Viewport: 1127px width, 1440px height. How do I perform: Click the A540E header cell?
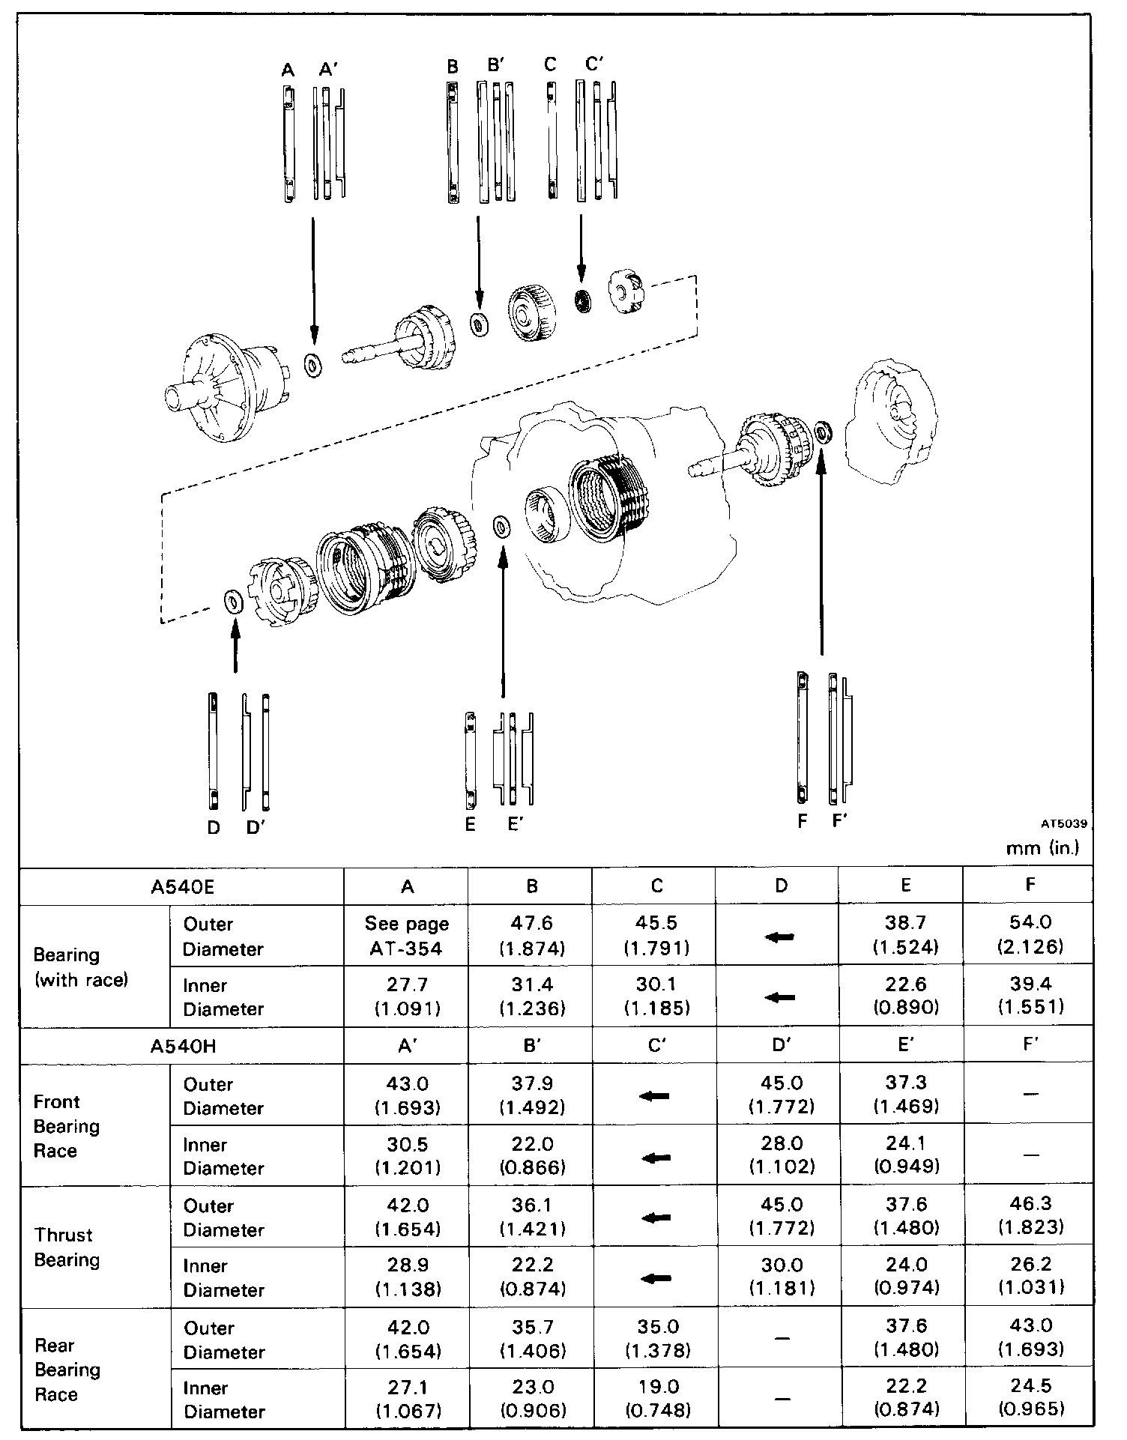point(182,887)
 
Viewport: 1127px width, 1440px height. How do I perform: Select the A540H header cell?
point(182,1046)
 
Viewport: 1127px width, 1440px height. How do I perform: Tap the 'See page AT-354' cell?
point(407,936)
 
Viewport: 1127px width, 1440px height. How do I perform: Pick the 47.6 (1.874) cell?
point(531,936)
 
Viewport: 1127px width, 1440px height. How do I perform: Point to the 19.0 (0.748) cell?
point(656,1400)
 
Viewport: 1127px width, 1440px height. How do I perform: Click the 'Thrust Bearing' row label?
point(64,1247)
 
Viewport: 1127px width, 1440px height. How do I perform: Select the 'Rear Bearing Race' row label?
point(67,1370)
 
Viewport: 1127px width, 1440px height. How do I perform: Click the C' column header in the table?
point(656,1046)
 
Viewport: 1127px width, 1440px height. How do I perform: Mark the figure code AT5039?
point(1063,824)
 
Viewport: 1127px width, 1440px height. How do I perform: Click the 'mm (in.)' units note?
point(1042,847)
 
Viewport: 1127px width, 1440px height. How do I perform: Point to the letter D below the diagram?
point(214,827)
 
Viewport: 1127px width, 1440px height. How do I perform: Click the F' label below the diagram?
point(840,821)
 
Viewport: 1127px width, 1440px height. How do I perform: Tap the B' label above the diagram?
point(497,65)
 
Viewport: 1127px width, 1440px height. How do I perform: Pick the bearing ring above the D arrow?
point(233,601)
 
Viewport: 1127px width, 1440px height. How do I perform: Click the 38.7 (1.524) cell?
point(905,936)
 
